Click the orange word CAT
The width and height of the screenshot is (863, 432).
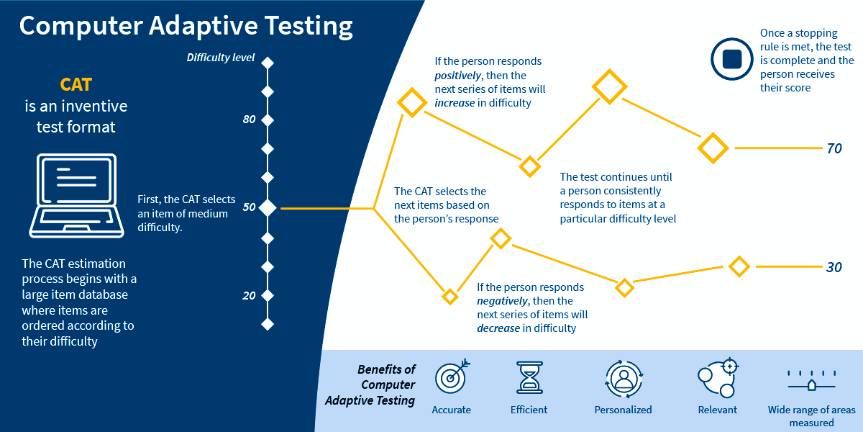tap(76, 84)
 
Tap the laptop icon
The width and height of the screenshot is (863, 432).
tap(72, 195)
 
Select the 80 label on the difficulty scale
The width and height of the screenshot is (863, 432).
tap(249, 120)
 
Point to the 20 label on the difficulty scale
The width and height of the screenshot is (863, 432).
tap(249, 295)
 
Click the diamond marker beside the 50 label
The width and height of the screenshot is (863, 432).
tap(268, 208)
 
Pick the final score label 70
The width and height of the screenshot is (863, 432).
tap(834, 148)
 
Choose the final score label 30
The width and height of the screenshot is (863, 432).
tap(834, 267)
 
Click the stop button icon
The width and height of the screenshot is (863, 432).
tap(731, 59)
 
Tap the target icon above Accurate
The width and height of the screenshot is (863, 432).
tap(452, 377)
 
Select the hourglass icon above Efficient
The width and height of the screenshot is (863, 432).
tap(529, 377)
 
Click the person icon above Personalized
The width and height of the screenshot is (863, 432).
tap(623, 378)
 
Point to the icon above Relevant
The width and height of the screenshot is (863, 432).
tap(718, 378)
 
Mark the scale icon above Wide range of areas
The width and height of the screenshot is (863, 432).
tap(811, 379)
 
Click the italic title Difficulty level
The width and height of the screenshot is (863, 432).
tap(221, 58)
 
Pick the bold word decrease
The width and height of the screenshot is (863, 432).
tap(498, 328)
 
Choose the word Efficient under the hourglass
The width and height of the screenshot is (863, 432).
tap(529, 410)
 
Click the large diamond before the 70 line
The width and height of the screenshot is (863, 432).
tap(713, 148)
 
